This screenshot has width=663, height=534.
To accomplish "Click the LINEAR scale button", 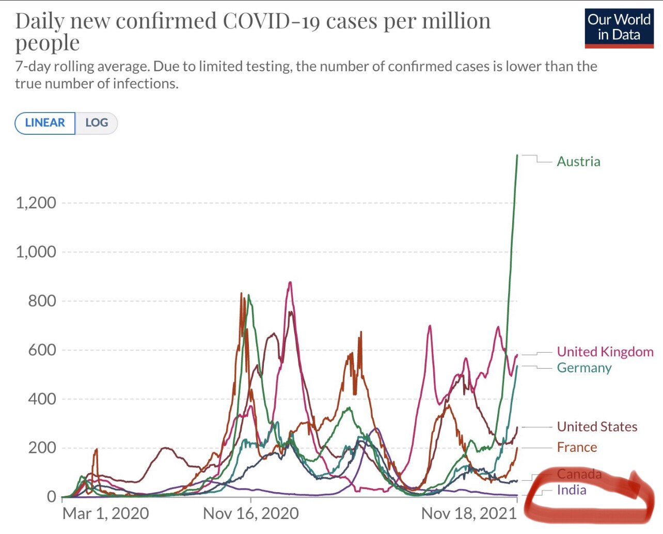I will coord(45,123).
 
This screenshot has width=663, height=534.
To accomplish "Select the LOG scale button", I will coord(97,123).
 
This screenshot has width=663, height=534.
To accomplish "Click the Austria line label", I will coord(578,162).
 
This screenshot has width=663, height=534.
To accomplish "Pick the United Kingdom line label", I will coord(605,352).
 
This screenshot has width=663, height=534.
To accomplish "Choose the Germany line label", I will coord(584,368).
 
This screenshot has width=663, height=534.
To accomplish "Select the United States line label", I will coord(597,427).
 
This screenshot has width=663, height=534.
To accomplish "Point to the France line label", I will coord(577,447).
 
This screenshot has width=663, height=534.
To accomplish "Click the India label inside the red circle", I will coord(572,490).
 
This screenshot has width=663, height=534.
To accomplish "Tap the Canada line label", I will coord(579,474).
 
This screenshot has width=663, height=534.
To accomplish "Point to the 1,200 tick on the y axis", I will coord(36,203).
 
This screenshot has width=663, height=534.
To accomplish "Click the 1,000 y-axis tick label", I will coord(36,252).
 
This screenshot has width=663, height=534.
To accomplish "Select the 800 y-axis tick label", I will coord(42,301).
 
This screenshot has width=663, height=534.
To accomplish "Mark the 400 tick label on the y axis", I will coord(42,399).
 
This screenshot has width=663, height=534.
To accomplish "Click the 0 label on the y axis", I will coord(51,496).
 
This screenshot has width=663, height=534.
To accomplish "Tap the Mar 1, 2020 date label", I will coord(105,513).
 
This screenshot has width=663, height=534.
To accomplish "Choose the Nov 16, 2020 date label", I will coord(251,513).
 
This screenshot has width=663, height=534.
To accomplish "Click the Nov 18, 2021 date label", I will coord(469,513).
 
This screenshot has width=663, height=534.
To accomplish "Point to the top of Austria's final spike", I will coord(517,155).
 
